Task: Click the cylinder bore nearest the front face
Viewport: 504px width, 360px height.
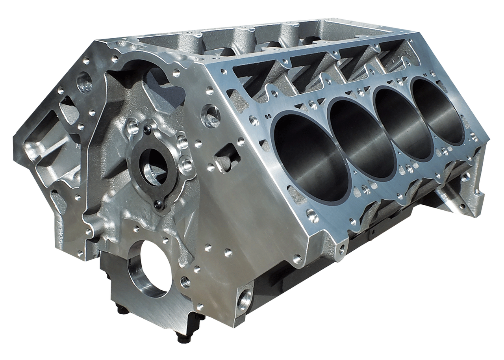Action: (x=311, y=158)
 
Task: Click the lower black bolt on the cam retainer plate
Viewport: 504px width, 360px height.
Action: (x=158, y=204)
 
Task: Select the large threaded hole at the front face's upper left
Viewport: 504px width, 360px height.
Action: (x=85, y=84)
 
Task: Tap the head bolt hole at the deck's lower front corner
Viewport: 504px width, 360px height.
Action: (x=311, y=215)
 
